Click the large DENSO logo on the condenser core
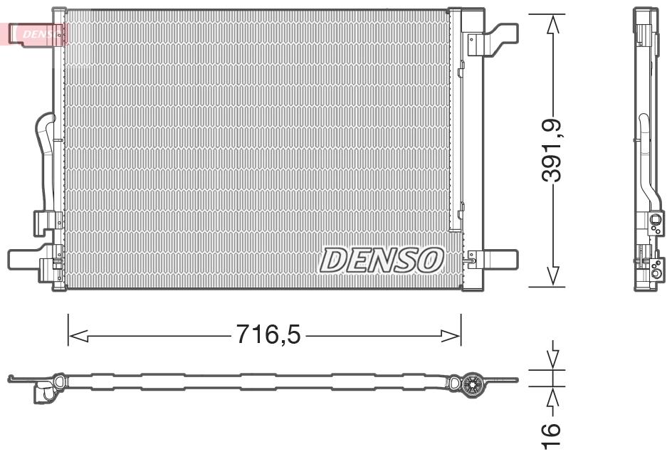click(x=382, y=260)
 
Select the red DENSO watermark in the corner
click(x=36, y=33)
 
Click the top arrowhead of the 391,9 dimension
click(x=553, y=24)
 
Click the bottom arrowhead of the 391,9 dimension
click(x=553, y=276)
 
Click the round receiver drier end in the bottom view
click(x=471, y=384)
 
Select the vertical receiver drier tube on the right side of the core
click(x=456, y=142)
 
